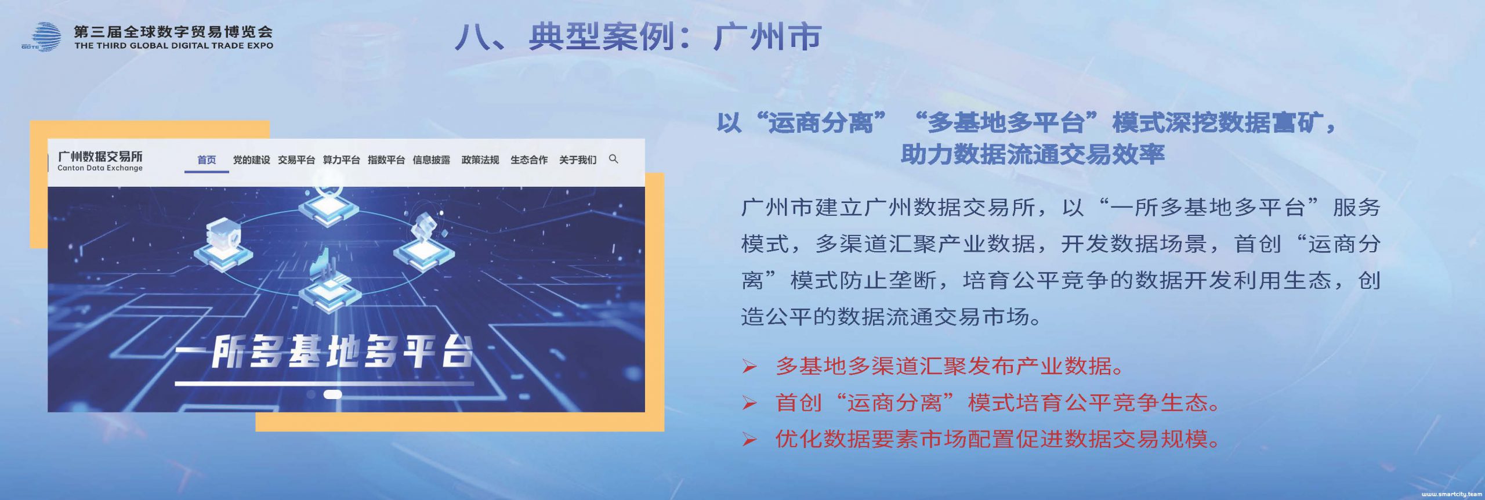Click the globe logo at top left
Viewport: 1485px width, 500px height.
(42, 37)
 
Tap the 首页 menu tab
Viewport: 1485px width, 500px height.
(207, 160)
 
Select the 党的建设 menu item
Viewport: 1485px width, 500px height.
(251, 160)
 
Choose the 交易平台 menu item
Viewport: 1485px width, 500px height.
(296, 160)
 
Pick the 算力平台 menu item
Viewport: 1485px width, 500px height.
(341, 160)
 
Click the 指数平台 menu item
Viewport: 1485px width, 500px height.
(386, 160)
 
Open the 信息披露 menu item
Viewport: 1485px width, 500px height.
(431, 160)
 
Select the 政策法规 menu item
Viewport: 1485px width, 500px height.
(480, 160)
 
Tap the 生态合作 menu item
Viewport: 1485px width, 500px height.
(529, 160)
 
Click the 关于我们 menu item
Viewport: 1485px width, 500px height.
(578, 160)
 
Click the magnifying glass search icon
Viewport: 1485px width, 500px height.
(614, 159)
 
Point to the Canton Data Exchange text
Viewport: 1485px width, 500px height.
(100, 168)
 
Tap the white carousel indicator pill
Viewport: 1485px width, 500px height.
(332, 394)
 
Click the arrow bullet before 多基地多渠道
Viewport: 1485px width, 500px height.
(749, 367)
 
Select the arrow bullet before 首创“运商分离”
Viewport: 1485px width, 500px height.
(749, 403)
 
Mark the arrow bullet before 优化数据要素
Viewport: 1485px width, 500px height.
(749, 440)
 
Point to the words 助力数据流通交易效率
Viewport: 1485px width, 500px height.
(1033, 154)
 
